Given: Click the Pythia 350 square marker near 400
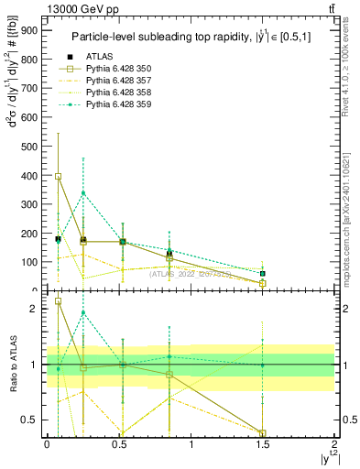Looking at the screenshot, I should click(x=59, y=176).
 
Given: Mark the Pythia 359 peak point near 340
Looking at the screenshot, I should click(x=83, y=192).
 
